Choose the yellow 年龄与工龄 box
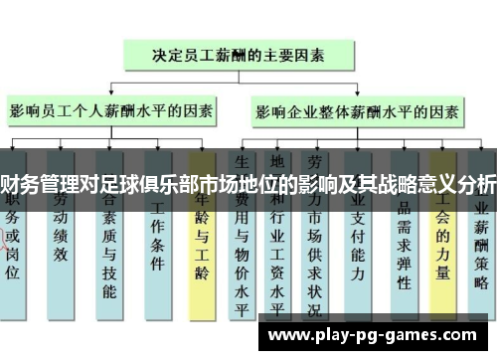(202, 239)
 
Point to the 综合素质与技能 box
(108, 249)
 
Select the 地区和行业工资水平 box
(280, 249)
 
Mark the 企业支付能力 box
(362, 239)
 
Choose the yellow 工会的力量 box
(442, 239)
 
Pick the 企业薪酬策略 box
(481, 239)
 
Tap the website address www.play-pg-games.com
(377, 335)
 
